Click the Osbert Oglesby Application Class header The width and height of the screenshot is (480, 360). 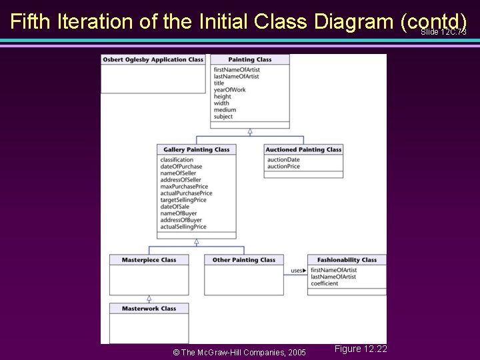point(153,59)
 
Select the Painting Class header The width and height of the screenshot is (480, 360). point(250,59)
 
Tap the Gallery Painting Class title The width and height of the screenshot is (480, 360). point(196,149)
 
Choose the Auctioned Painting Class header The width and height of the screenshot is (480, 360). point(303,149)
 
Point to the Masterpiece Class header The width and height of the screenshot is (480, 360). point(149,259)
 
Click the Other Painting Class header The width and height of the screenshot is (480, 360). point(243,259)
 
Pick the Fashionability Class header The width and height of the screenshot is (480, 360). point(347,259)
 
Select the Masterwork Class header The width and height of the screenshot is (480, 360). point(149,308)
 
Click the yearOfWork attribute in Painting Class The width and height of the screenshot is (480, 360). point(229,90)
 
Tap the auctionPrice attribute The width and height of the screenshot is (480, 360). point(283,167)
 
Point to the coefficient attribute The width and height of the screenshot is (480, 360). point(324,283)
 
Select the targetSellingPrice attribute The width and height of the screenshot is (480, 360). point(183,200)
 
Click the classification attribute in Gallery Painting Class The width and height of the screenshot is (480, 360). point(177,160)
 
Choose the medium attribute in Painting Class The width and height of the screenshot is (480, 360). point(225,110)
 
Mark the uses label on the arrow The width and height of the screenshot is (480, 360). point(297,271)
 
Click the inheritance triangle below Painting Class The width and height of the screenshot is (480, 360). point(250,131)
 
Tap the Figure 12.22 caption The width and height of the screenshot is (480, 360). point(361,349)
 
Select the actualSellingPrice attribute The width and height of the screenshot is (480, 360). point(183,227)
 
